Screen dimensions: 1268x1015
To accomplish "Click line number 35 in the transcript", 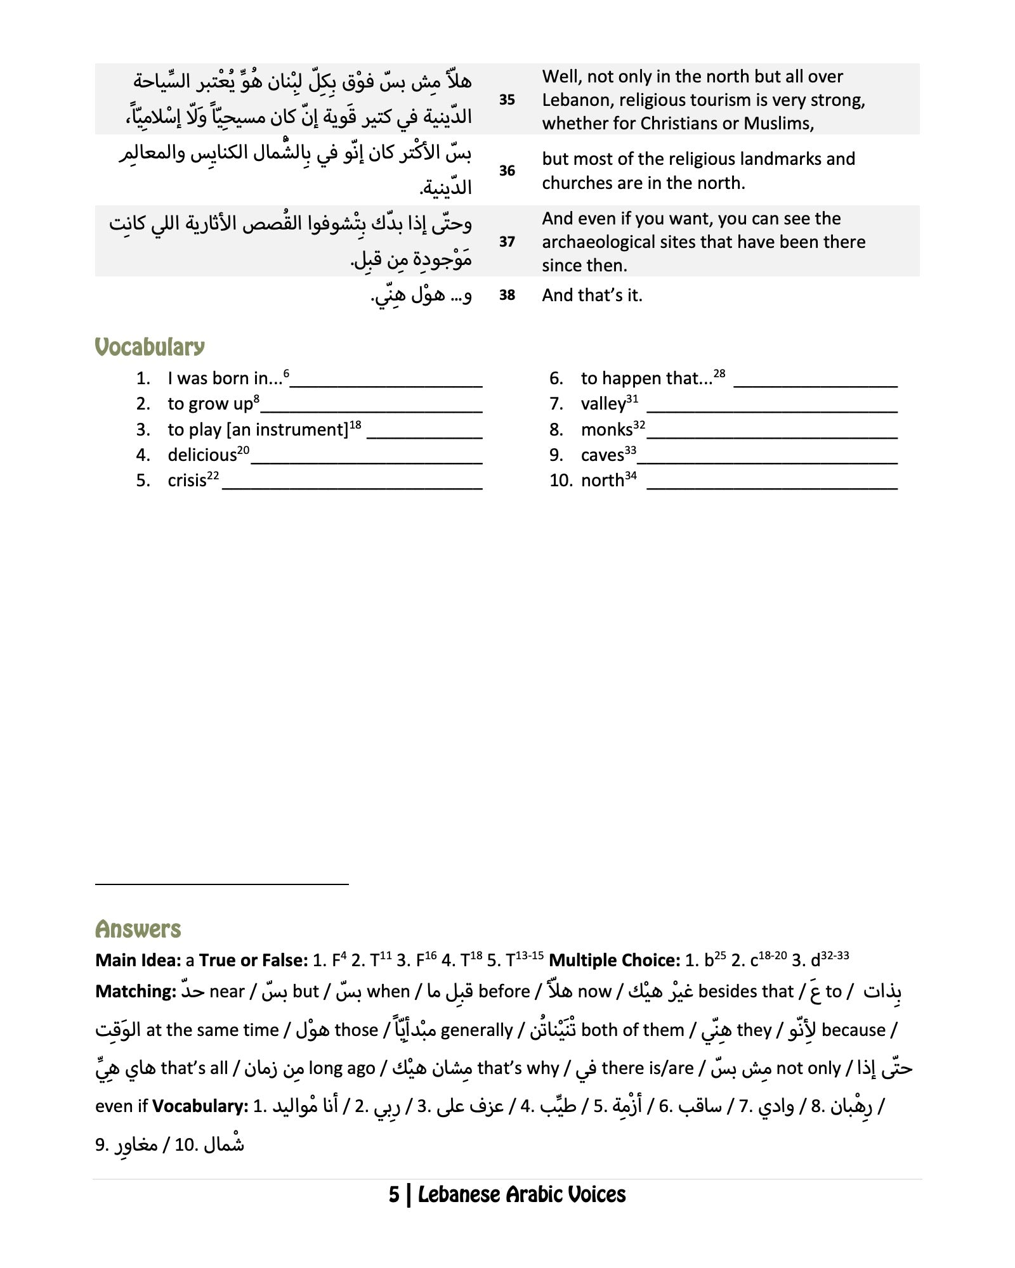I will [x=507, y=100].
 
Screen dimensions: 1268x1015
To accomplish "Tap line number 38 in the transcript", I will [x=507, y=295].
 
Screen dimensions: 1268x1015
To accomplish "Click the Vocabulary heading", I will [x=150, y=347].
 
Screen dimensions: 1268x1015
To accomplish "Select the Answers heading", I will [x=138, y=929].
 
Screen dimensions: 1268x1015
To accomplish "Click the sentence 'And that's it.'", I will [x=592, y=295].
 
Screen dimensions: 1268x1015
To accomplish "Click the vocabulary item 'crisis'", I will [x=187, y=481].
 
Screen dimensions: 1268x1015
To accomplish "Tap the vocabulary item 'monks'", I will [x=606, y=430].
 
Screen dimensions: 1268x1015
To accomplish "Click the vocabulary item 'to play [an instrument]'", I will [x=258, y=430].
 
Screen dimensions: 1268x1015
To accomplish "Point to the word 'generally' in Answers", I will [x=476, y=1030].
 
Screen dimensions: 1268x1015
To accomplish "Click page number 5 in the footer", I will [x=394, y=1195].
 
